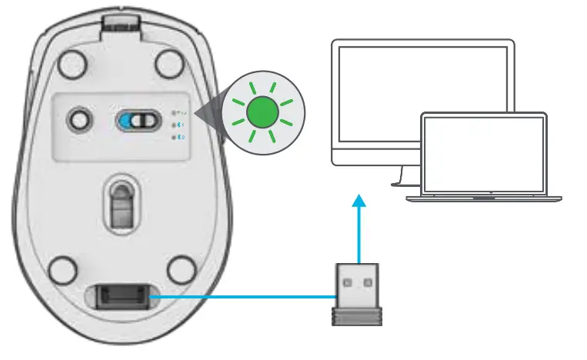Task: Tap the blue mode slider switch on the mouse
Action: coord(141,120)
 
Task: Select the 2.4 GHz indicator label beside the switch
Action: coord(179,112)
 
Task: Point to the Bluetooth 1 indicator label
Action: coord(179,124)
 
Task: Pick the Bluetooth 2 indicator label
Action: coord(179,137)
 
